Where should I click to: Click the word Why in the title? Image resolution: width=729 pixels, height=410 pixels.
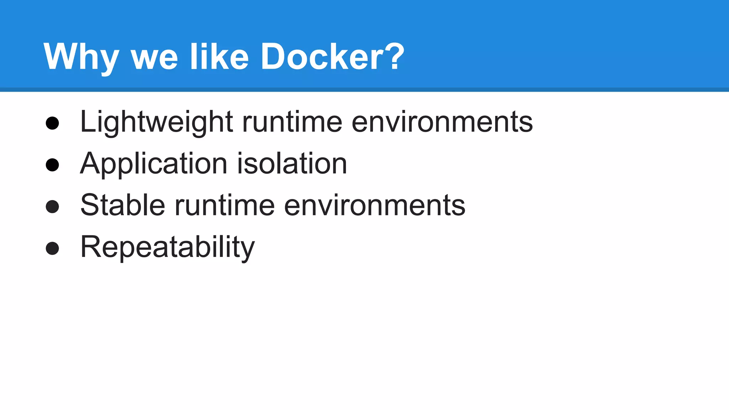tap(81, 57)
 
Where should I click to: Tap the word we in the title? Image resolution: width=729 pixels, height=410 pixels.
tap(154, 59)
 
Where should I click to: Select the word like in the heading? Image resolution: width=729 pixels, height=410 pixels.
tap(219, 57)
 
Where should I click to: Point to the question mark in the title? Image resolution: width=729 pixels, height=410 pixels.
tap(395, 56)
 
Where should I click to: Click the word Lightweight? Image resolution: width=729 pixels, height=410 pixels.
tap(157, 122)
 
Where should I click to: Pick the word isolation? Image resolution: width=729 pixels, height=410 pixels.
tap(292, 164)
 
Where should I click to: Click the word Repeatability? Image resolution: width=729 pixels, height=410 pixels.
tap(168, 247)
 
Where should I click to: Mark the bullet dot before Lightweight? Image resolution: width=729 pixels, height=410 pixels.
tap(52, 123)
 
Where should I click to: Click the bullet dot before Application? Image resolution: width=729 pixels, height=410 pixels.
tap(52, 165)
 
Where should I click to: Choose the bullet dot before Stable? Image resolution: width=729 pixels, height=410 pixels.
tap(52, 206)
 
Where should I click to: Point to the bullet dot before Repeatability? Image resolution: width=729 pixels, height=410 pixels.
tap(52, 248)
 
